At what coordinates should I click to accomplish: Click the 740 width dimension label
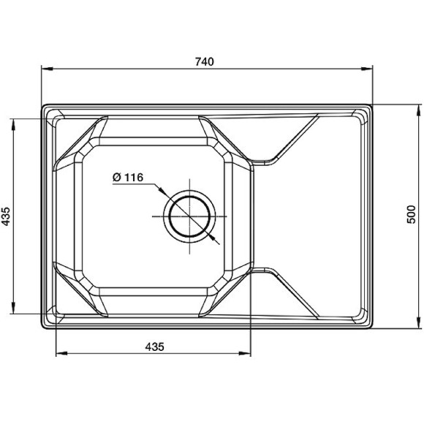click(205, 62)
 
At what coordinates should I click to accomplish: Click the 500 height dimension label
click(411, 214)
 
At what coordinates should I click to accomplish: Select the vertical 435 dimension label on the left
click(6, 216)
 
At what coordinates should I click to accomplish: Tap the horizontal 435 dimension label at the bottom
click(155, 347)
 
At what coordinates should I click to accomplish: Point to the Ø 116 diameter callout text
click(128, 178)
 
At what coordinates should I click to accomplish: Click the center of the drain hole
click(189, 216)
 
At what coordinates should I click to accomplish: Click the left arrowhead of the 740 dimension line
click(47, 69)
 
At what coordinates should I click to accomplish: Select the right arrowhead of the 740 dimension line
click(367, 69)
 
